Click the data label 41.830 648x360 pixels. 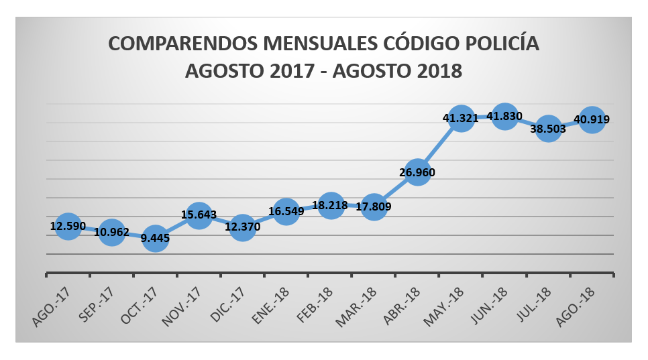[504, 117]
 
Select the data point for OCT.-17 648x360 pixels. [155, 238]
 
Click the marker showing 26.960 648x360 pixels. [417, 172]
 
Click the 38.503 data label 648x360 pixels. [548, 129]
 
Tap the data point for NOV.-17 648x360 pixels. [199, 216]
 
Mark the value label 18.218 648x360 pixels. [330, 206]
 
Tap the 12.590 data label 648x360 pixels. [68, 226]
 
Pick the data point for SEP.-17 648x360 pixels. [111, 233]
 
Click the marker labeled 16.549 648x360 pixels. [286, 211]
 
